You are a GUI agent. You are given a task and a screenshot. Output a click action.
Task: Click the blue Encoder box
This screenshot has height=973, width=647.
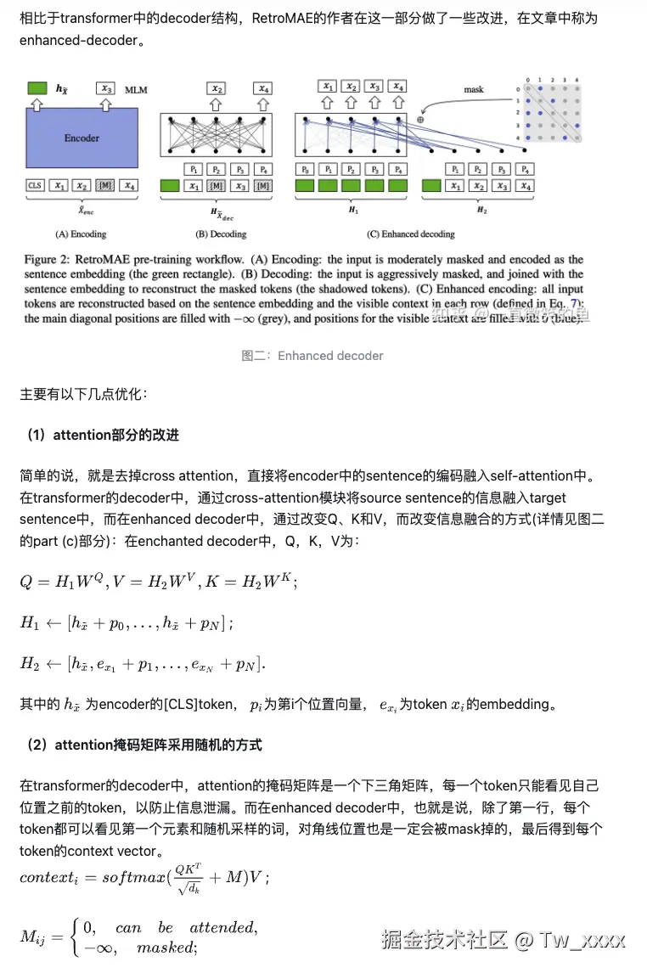coord(82,138)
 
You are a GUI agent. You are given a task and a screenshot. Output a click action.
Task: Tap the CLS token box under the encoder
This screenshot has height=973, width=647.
coord(36,185)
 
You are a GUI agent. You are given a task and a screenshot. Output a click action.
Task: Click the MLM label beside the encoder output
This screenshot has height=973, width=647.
coord(136,89)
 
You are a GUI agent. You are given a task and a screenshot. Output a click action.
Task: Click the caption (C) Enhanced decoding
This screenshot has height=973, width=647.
coord(410,233)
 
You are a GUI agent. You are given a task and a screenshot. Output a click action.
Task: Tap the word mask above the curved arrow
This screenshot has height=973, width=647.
coord(473,89)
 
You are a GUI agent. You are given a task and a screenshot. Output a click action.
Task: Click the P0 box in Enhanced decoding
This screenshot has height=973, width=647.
coord(306,169)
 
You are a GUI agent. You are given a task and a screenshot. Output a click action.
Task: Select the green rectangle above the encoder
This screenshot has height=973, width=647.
coord(37,87)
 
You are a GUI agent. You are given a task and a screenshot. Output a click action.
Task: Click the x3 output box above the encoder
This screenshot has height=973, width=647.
coord(105,88)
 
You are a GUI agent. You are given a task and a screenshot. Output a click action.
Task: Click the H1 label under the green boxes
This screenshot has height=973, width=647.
coord(351,209)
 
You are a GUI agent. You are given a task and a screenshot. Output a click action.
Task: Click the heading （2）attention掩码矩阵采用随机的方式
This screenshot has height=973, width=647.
coord(143,745)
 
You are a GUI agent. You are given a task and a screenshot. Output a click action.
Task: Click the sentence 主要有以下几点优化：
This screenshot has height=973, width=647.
coord(83,395)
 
